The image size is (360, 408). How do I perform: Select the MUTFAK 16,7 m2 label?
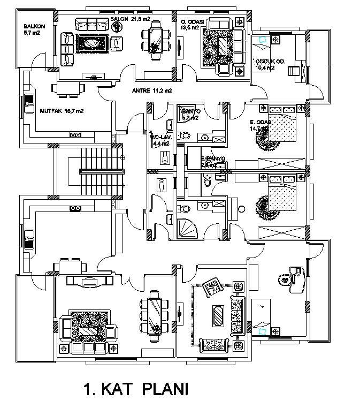pyautogui.click(x=62, y=111)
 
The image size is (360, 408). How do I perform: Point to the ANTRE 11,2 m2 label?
pyautogui.click(x=151, y=90)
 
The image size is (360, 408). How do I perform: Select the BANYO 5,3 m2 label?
pyautogui.click(x=190, y=114)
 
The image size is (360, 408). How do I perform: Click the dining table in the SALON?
pyautogui.click(x=156, y=39)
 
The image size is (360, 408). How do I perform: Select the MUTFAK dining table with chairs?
pyautogui.click(x=67, y=89)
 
